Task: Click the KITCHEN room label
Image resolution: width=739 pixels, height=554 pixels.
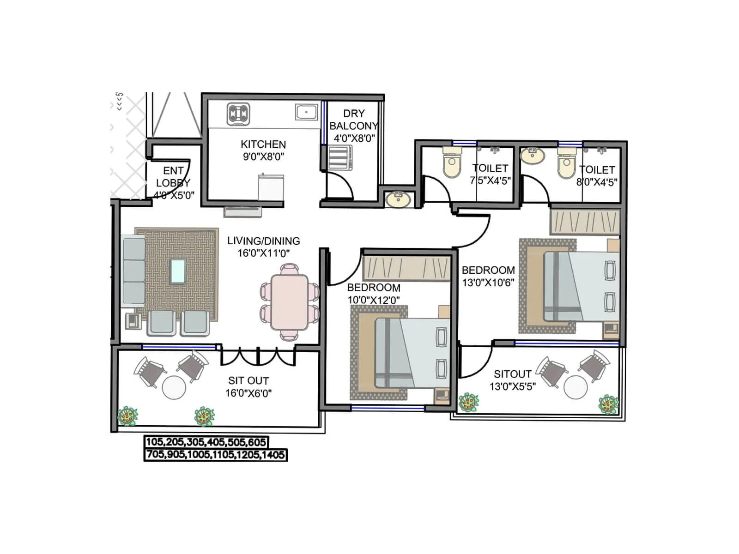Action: pyautogui.click(x=263, y=145)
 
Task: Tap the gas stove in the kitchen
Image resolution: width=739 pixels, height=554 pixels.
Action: pyautogui.click(x=238, y=114)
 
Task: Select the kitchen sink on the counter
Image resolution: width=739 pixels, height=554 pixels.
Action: pyautogui.click(x=306, y=112)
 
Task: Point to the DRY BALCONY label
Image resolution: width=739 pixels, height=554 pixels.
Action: pyautogui.click(x=354, y=120)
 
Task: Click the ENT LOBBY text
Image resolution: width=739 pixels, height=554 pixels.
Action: pyautogui.click(x=173, y=177)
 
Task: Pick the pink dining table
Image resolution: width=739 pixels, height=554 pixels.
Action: pyautogui.click(x=290, y=302)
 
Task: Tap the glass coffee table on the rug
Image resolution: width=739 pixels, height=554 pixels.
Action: pyautogui.click(x=178, y=271)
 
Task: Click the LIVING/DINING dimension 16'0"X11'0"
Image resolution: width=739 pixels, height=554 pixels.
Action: pyautogui.click(x=263, y=253)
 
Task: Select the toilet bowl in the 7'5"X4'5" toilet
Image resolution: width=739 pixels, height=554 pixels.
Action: pyautogui.click(x=451, y=163)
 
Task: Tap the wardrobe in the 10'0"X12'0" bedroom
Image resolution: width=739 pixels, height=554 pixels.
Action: pyautogui.click(x=406, y=267)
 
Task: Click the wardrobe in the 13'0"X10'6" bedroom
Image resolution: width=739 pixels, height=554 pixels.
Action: pyautogui.click(x=584, y=223)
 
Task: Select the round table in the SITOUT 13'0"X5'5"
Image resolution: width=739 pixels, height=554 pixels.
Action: pyautogui.click(x=575, y=387)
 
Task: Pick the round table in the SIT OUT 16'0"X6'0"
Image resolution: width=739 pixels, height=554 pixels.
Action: pyautogui.click(x=174, y=387)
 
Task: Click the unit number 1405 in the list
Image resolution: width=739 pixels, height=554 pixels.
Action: pyautogui.click(x=273, y=455)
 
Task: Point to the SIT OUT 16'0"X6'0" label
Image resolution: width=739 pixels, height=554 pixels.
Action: pyautogui.click(x=248, y=381)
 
